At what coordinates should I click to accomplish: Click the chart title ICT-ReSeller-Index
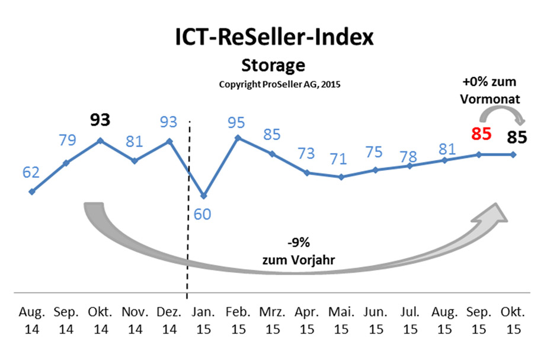(x=274, y=37)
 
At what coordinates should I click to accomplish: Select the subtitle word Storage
(x=273, y=64)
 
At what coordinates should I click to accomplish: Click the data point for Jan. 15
(x=203, y=196)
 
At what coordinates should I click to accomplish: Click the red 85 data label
(x=480, y=134)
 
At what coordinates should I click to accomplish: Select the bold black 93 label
(x=100, y=120)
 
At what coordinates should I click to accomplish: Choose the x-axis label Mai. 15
(x=341, y=321)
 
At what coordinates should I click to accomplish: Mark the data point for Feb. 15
(x=238, y=138)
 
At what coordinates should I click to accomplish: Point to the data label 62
(x=31, y=173)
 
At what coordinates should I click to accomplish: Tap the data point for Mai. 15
(x=341, y=177)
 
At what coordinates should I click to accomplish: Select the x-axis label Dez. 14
(x=169, y=321)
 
